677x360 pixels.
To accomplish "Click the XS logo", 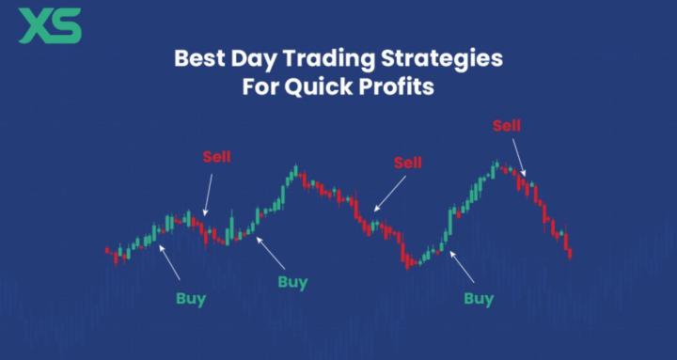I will click(x=50, y=25).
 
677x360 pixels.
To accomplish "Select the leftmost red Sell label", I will click(x=216, y=156).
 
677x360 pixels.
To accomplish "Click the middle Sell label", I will click(x=408, y=163).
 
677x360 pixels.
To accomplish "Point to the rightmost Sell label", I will click(x=506, y=125).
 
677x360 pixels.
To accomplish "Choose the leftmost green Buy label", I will click(x=191, y=299).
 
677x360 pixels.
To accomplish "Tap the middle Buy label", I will click(x=292, y=281).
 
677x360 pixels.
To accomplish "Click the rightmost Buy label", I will click(x=479, y=299).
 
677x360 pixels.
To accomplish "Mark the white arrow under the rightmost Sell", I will click(x=519, y=157).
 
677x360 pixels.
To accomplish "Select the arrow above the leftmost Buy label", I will click(x=171, y=263).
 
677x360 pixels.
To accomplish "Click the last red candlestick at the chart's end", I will click(x=570, y=251).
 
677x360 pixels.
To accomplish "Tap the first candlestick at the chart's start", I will click(x=107, y=251).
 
